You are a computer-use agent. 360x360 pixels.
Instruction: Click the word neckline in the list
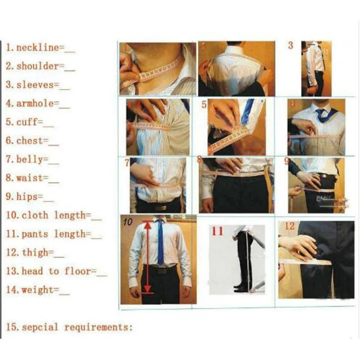(x=38, y=48)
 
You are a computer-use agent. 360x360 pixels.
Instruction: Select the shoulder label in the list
(x=38, y=66)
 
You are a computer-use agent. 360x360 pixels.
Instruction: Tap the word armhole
(x=37, y=103)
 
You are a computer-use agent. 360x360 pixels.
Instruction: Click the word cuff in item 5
(x=30, y=122)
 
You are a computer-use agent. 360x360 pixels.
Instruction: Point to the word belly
(x=31, y=159)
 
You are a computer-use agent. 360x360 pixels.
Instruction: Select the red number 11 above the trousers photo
(x=217, y=231)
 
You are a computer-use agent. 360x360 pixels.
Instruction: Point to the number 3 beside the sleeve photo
(x=291, y=45)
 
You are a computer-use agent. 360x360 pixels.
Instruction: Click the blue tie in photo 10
(x=160, y=243)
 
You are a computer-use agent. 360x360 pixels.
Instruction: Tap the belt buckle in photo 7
(x=161, y=207)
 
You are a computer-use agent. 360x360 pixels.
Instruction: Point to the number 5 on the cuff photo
(x=204, y=105)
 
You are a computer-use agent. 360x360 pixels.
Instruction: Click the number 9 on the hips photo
(x=287, y=161)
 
